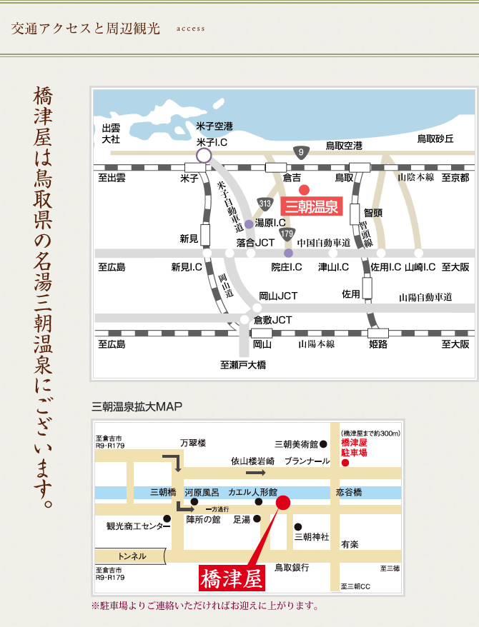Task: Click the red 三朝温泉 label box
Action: (312, 207)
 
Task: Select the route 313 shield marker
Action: (266, 204)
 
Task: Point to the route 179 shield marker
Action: (287, 234)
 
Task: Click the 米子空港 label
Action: (214, 126)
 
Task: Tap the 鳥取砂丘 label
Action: (435, 139)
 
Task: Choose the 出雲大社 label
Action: (111, 134)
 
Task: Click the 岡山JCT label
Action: (278, 296)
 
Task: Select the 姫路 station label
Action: (377, 344)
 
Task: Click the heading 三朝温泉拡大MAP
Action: (137, 407)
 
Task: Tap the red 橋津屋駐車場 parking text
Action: (354, 448)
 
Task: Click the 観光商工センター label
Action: (134, 526)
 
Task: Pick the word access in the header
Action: (189, 29)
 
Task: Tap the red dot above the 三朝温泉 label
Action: (303, 189)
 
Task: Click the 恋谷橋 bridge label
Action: (349, 493)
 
